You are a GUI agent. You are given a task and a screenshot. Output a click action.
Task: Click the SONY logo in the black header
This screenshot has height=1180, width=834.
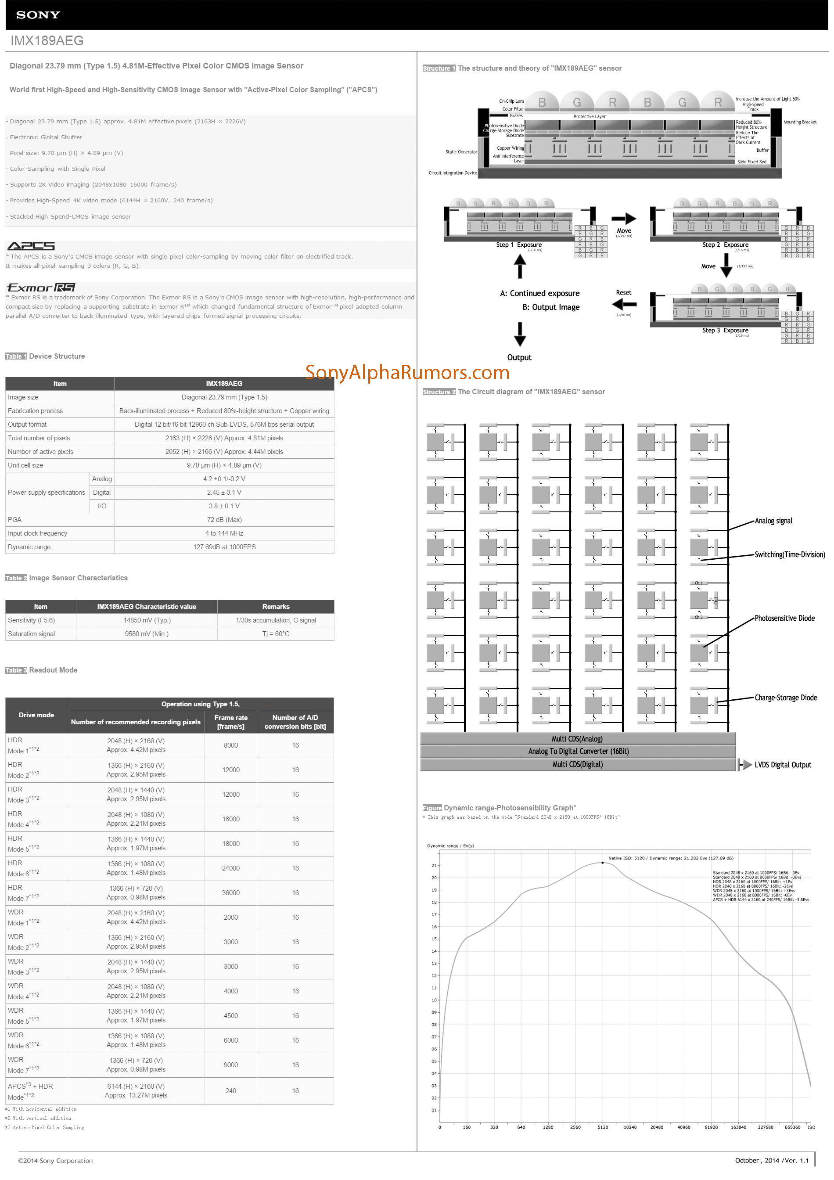tap(38, 15)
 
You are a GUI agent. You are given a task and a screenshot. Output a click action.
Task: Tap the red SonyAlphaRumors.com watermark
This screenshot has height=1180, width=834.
tap(407, 372)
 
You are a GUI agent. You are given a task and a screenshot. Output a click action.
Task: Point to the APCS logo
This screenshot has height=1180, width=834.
tap(31, 246)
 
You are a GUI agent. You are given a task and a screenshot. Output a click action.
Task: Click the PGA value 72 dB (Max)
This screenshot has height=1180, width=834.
tap(224, 520)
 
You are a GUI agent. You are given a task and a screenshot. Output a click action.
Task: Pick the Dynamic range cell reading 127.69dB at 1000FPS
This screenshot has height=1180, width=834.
tap(224, 547)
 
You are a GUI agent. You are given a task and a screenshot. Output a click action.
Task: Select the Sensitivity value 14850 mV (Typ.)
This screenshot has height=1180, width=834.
tap(147, 620)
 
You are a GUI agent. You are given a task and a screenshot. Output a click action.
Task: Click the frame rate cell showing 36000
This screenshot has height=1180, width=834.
tap(231, 893)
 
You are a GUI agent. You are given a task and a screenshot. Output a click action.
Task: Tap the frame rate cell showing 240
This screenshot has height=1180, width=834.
tap(231, 1090)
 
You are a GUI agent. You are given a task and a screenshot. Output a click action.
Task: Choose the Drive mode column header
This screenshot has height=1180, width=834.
tap(36, 715)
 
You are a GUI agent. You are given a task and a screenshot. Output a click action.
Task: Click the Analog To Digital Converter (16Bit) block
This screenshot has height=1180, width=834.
tap(578, 752)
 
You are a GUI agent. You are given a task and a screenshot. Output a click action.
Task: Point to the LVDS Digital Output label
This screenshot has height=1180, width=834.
tap(782, 765)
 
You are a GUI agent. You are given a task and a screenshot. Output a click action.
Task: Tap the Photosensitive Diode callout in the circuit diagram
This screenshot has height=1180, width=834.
tap(784, 618)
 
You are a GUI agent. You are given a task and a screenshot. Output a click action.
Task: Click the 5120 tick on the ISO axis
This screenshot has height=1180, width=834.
tap(602, 1127)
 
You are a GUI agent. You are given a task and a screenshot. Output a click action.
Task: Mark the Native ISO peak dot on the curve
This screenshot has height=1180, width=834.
tap(603, 863)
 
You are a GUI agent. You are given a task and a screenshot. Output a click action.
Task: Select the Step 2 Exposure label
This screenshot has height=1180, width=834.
tap(725, 245)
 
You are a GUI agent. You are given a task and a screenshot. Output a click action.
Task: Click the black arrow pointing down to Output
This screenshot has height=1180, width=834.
tap(520, 334)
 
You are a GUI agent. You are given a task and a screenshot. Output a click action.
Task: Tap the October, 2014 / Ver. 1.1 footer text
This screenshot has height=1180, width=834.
tap(771, 1161)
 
